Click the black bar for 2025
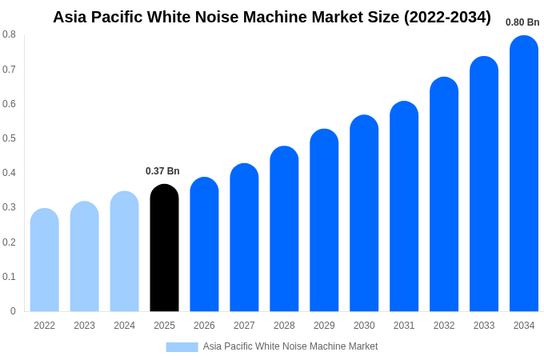164,248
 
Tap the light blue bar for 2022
45,260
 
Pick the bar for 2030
364,214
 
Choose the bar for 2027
244,238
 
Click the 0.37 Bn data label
162,171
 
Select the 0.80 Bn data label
522,22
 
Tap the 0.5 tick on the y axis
9,138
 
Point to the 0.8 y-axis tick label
9,34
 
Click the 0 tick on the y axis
13,311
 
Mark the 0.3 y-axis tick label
9,207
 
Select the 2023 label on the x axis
84,326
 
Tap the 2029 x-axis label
324,326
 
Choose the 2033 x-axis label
484,326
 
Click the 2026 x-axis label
204,326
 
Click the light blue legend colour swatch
182,346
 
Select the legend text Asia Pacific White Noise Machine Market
290,346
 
